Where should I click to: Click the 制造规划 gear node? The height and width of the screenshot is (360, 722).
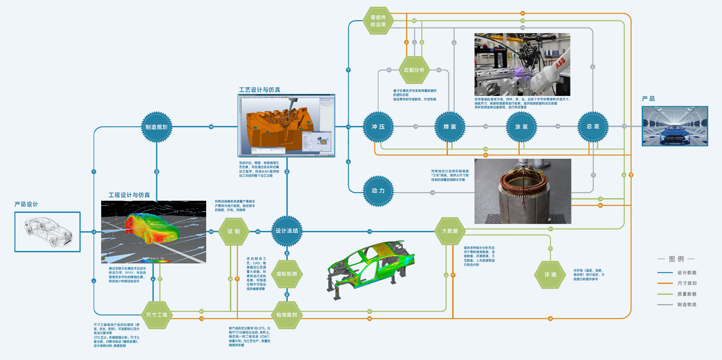[156, 127]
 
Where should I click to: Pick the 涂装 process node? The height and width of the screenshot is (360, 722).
[521, 127]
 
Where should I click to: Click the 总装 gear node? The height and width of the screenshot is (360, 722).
[593, 127]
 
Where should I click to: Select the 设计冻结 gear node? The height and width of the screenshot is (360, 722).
[287, 231]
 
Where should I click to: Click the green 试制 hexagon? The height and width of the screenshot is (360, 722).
[233, 231]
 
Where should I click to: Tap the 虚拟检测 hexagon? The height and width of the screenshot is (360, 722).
[287, 274]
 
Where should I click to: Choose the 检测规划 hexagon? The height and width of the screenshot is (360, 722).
[287, 315]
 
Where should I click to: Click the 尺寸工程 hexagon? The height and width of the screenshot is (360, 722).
[156, 315]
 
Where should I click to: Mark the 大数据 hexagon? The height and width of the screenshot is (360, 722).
[449, 231]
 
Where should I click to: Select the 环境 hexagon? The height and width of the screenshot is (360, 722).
[550, 275]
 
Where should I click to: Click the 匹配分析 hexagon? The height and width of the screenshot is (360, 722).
[414, 70]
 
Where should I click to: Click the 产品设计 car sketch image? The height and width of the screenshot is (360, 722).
[47, 232]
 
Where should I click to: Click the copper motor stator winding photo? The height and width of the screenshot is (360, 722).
[522, 191]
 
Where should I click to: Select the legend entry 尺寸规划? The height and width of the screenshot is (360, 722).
[687, 283]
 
